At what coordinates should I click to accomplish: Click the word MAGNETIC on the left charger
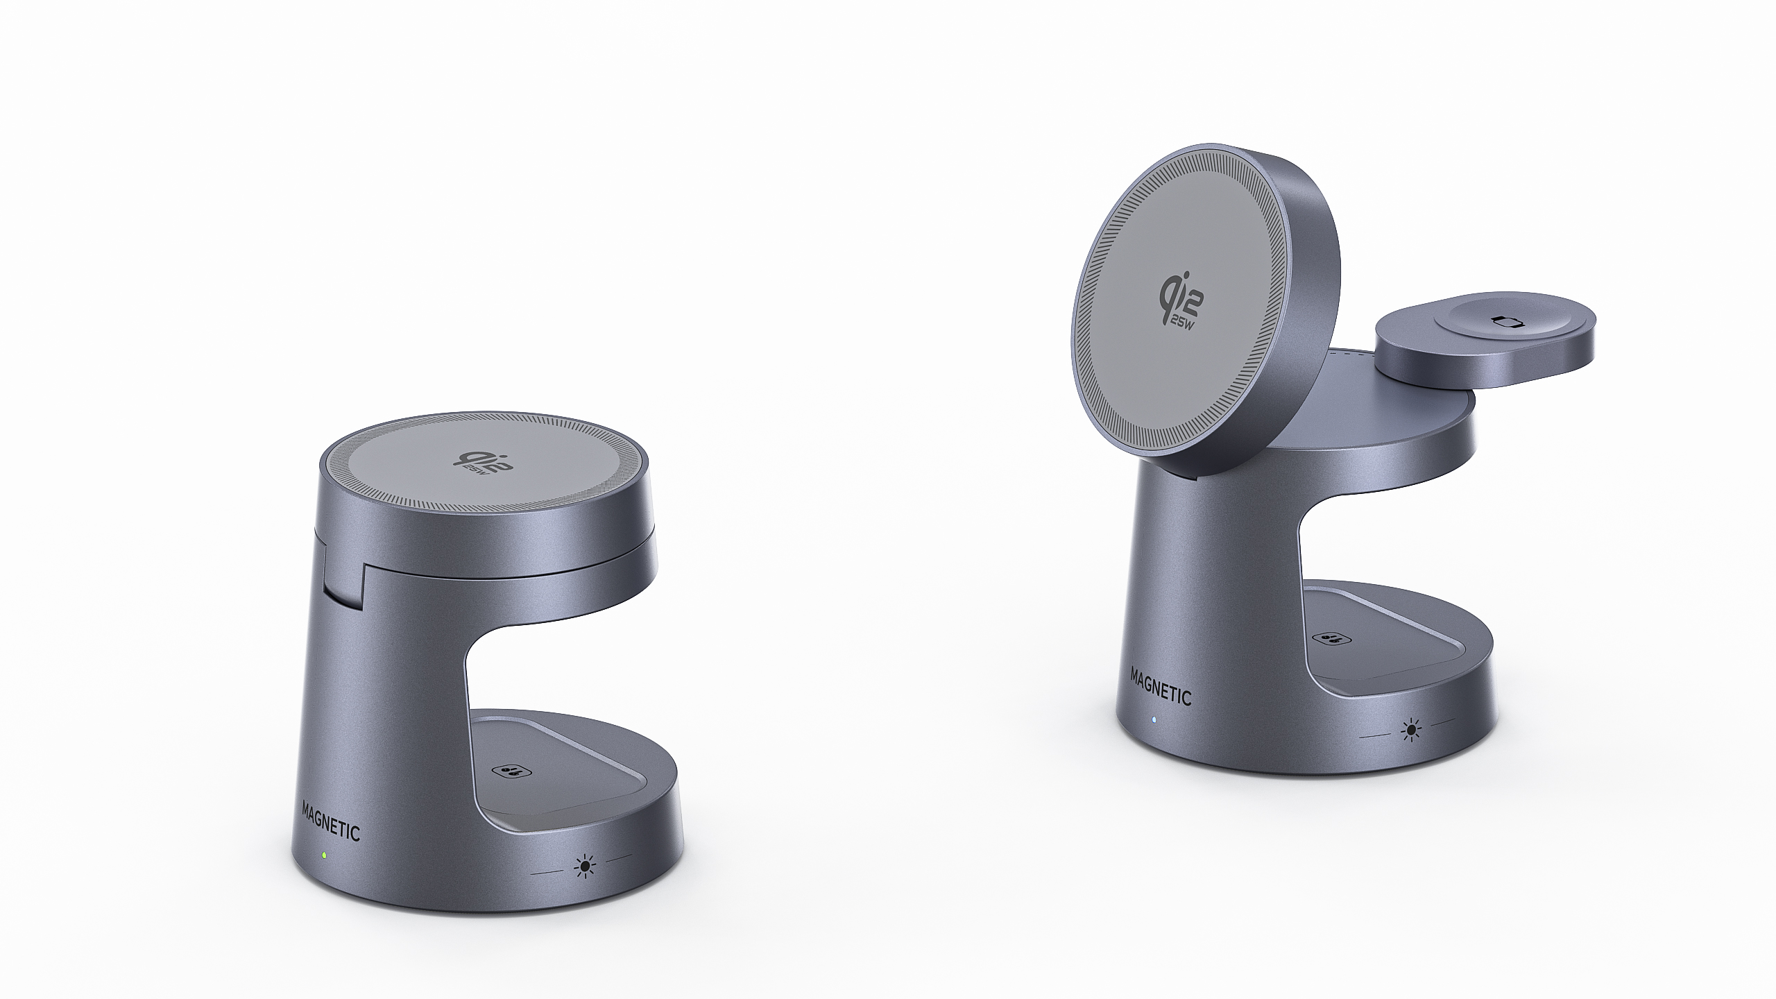(331, 821)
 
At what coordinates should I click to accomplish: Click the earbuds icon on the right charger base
(1326, 638)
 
